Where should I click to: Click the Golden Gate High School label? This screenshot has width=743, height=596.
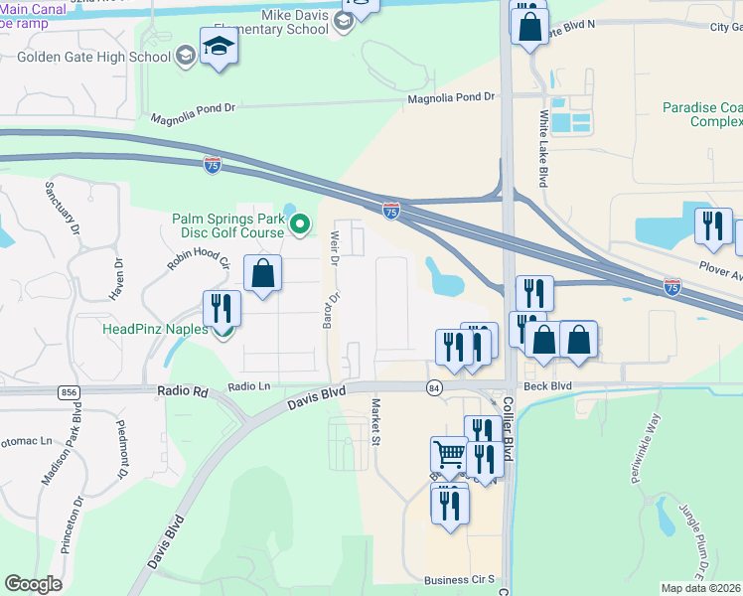point(94,57)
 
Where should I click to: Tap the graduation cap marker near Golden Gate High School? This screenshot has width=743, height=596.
point(219,46)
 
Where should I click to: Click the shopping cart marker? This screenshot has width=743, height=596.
point(449,455)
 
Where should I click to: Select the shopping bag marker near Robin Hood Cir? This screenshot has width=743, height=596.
point(262,273)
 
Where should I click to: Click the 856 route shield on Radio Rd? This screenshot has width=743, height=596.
point(68,392)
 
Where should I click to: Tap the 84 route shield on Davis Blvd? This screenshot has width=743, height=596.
point(434,386)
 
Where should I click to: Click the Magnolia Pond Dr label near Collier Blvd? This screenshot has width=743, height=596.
point(451,96)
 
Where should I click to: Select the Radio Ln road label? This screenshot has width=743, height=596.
point(248,385)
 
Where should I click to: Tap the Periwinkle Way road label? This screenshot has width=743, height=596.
point(644,449)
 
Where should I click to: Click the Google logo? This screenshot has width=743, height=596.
point(34,584)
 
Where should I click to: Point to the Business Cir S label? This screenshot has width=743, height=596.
point(459,579)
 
